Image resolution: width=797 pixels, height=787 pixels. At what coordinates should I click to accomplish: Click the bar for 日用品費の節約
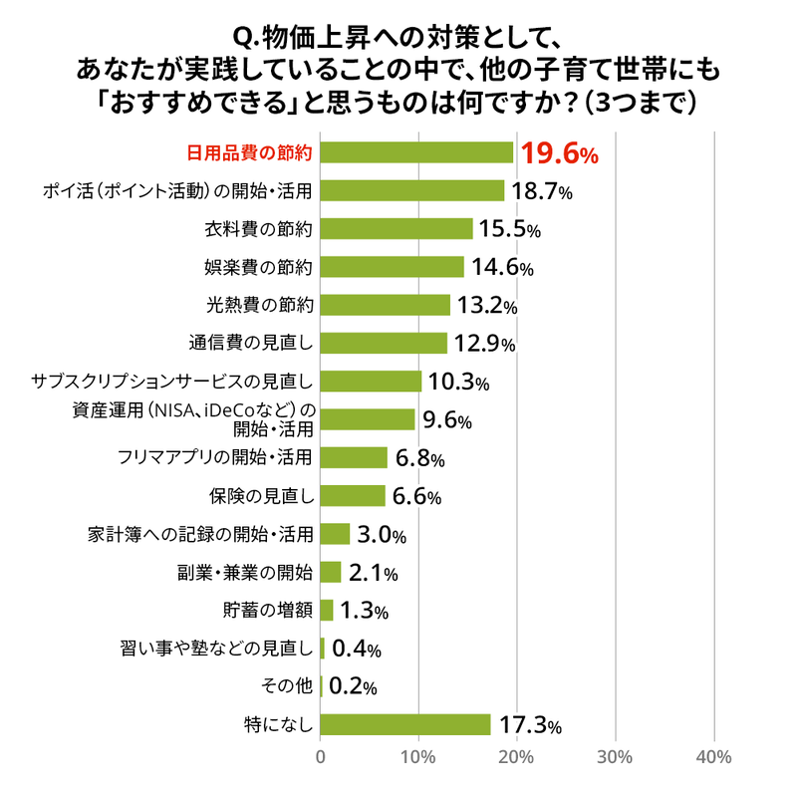[x=416, y=152]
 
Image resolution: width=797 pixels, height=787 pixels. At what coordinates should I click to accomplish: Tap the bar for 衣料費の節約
[x=397, y=229]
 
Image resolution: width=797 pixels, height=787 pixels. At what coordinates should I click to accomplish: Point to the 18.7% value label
[x=541, y=191]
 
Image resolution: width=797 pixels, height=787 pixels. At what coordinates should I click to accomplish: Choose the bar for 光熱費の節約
[x=386, y=305]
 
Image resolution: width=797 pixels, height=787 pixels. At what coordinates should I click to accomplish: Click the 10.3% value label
[x=458, y=382]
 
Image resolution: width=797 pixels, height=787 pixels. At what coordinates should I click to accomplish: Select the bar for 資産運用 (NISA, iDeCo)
[x=368, y=419]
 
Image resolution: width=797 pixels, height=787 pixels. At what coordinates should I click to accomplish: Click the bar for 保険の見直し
[x=353, y=495]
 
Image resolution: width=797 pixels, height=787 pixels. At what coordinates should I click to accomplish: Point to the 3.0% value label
[x=381, y=534]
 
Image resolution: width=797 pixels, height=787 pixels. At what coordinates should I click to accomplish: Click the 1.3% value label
[x=364, y=610]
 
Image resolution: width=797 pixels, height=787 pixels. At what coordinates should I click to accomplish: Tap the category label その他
[x=290, y=686]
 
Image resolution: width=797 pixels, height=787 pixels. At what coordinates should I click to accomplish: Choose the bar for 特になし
[x=405, y=724]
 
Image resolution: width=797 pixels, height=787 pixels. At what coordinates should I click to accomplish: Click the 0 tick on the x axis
[x=321, y=757]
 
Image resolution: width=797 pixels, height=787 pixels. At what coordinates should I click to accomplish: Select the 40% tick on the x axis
[x=713, y=757]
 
